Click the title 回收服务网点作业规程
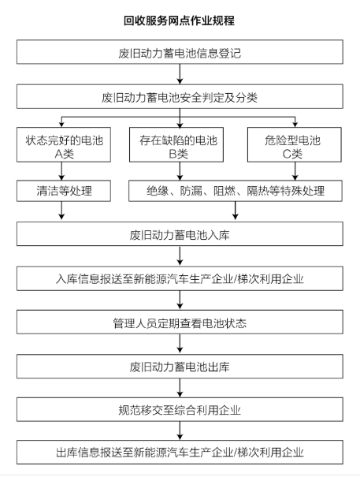(179, 20)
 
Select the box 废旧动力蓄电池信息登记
(180, 52)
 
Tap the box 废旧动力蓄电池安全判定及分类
(180, 96)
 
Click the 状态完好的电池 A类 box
(64, 144)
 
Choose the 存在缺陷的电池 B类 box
(176, 144)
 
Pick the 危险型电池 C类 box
(295, 144)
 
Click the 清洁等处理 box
(64, 191)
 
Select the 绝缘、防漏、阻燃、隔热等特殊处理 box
(236, 191)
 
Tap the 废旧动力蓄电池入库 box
(180, 233)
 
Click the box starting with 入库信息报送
(180, 278)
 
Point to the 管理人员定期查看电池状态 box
(180, 322)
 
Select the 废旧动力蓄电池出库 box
(180, 367)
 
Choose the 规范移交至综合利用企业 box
(180, 409)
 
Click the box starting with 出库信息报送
(180, 452)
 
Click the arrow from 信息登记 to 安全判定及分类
(180, 74)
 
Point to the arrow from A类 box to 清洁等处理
(61, 171)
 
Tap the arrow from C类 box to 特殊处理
(295, 171)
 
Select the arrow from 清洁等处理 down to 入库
(61, 211)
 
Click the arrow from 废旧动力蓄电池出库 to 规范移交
(180, 388)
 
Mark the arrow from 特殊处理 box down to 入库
(236, 211)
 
